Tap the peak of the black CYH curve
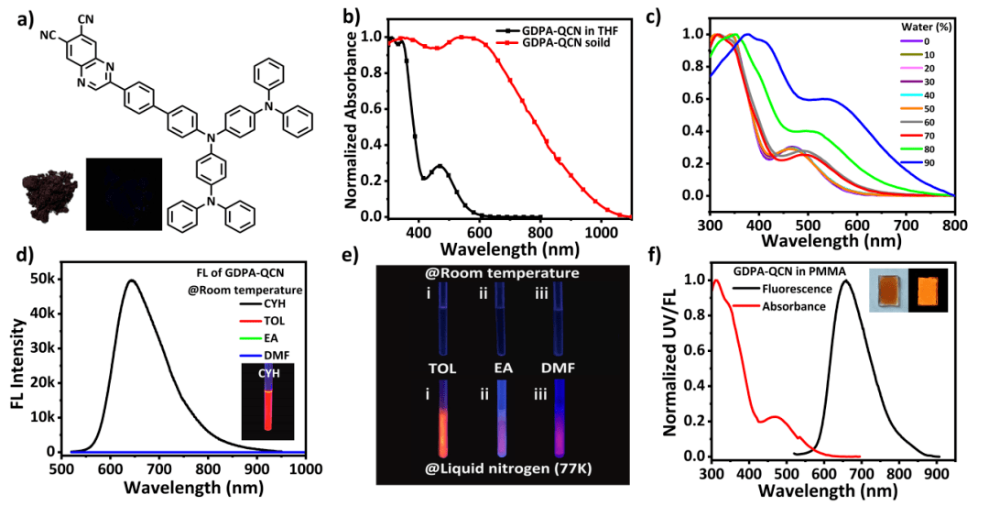132,280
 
